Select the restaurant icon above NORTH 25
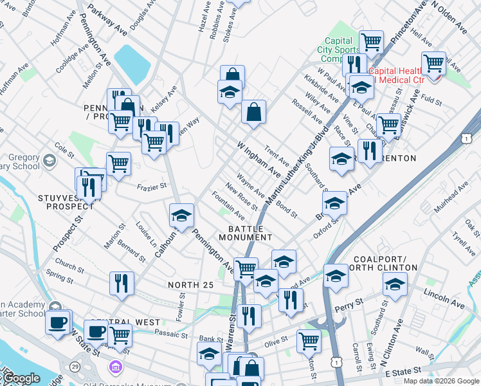(x=121, y=283)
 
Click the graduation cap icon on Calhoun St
(x=181, y=215)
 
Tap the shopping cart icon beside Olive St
(x=309, y=340)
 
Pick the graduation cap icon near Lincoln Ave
(x=395, y=284)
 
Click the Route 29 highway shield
(x=76, y=366)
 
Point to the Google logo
(x=21, y=378)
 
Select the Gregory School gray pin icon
(x=50, y=159)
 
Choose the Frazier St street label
(x=152, y=187)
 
